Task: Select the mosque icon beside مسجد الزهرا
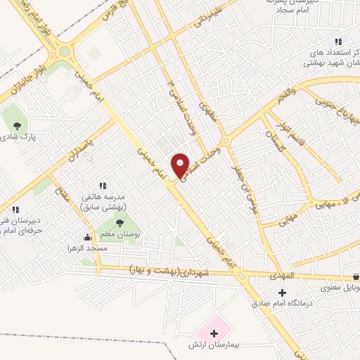tap(87, 238)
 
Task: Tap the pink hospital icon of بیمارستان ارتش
tap(212, 328)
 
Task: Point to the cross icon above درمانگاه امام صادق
tap(283, 292)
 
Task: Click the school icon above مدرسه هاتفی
tap(103, 186)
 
